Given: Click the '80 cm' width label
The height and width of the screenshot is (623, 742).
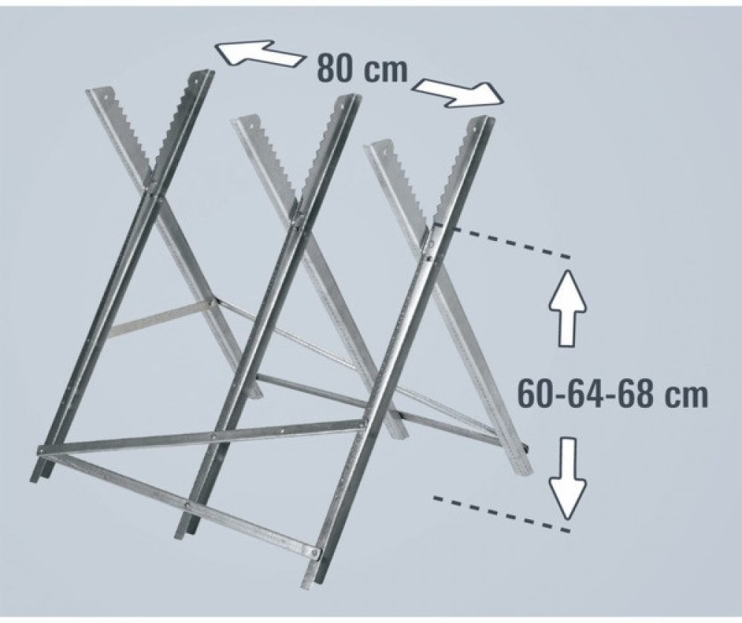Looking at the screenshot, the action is (362, 69).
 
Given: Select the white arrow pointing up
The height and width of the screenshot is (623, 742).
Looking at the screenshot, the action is (568, 308).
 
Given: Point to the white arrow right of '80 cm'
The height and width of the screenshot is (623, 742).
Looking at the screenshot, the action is (459, 93).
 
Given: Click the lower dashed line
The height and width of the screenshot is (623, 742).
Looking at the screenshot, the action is (502, 513).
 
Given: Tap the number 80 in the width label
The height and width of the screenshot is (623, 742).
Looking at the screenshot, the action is (335, 69).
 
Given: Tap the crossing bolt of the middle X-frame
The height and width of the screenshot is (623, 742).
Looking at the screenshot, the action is (297, 221).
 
